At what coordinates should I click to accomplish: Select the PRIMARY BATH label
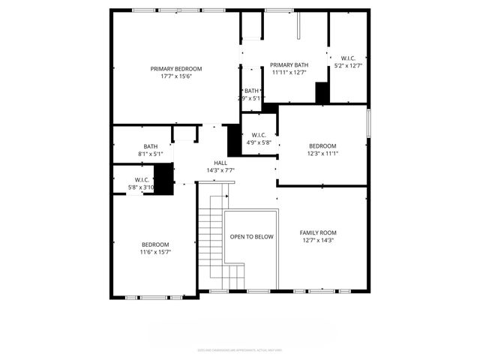click(289, 65)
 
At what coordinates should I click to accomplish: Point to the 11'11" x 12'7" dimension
click(289, 73)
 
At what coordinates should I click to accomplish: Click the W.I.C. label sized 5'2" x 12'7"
click(348, 58)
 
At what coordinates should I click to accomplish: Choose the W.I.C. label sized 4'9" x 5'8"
click(259, 135)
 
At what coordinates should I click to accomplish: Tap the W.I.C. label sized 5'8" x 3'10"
click(124, 179)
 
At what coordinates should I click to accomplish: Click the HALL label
click(220, 163)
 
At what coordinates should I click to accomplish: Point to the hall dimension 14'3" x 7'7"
click(220, 170)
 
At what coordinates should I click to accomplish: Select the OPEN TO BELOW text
click(251, 237)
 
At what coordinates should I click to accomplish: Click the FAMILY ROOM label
click(318, 233)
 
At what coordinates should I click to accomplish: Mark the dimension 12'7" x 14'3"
click(318, 241)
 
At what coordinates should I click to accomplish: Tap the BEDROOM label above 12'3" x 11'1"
click(322, 146)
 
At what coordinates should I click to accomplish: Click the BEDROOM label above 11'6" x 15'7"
click(155, 244)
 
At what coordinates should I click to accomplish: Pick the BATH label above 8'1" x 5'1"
click(151, 146)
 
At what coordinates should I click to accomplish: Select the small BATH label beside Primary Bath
click(250, 91)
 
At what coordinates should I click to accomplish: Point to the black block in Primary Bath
click(322, 92)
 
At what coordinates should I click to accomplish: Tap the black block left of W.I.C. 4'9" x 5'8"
click(234, 139)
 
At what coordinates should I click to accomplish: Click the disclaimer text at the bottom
click(239, 349)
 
